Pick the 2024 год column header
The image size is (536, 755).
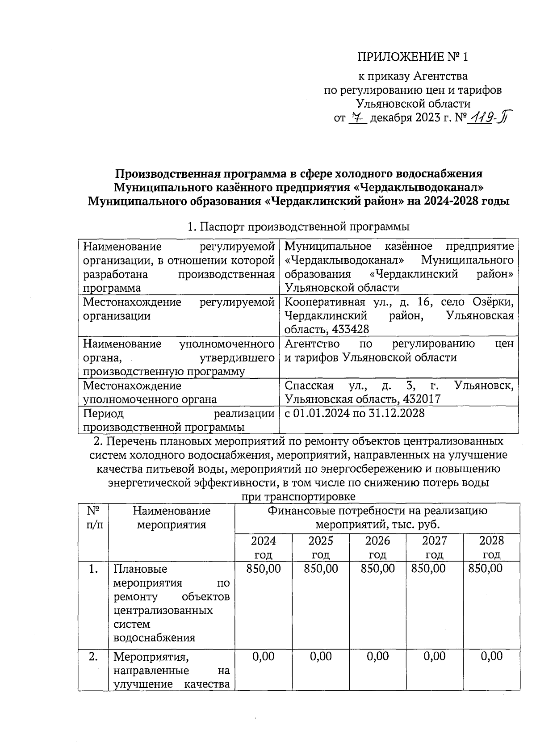(x=264, y=548)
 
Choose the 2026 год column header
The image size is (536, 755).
(x=377, y=548)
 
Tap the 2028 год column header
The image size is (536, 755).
(x=491, y=548)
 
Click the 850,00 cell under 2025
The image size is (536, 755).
(x=321, y=569)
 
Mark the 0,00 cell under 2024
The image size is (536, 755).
(x=264, y=656)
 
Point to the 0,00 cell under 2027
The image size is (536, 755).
(x=435, y=656)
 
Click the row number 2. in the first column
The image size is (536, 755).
(x=93, y=657)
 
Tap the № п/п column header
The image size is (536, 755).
(x=93, y=517)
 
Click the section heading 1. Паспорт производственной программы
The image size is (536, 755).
(x=299, y=227)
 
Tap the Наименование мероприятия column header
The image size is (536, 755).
(x=172, y=517)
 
